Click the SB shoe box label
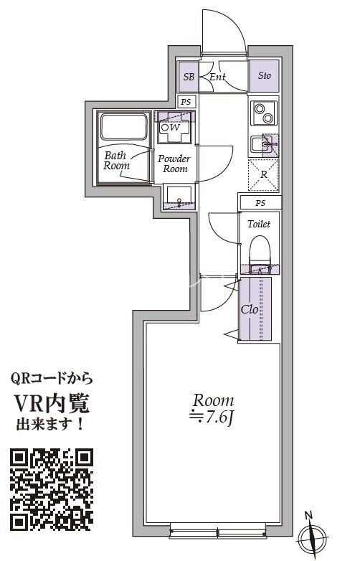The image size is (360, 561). [x=189, y=76]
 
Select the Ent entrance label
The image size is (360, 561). [x=218, y=76]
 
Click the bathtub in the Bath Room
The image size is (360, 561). [x=124, y=128]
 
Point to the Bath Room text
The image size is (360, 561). [x=117, y=160]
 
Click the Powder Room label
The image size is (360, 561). [x=174, y=164]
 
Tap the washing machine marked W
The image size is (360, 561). [x=174, y=128]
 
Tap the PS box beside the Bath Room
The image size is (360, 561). [x=186, y=101]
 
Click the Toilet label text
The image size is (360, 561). [x=258, y=225]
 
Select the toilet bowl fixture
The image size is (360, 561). [x=258, y=251]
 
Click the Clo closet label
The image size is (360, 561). [x=249, y=310]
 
